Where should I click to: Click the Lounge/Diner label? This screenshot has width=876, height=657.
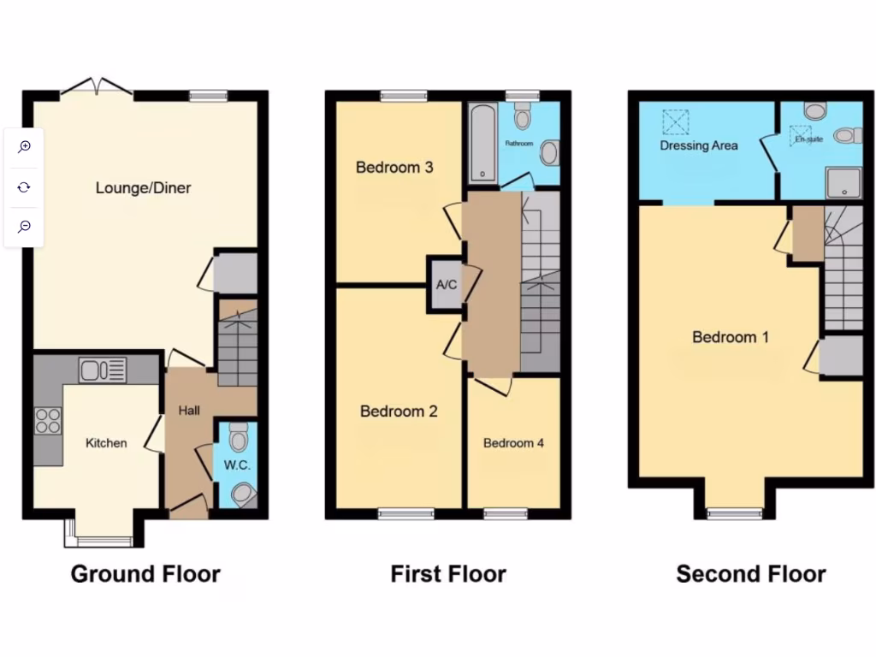pos(143,187)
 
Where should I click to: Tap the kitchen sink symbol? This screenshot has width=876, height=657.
pos(103,370)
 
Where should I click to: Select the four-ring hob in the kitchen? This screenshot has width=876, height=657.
pos(48,421)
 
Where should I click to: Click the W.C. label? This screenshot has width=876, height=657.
pos(236,465)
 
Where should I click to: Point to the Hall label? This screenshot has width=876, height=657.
pos(189,411)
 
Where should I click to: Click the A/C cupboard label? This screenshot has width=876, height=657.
pos(447,285)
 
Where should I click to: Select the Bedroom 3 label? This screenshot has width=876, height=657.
pos(394,167)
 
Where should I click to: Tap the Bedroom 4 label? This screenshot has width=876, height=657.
pos(513,443)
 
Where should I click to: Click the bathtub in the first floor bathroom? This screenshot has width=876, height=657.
pos(483,143)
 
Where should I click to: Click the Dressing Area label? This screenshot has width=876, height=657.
pos(699,145)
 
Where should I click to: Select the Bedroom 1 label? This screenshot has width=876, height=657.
pos(731,337)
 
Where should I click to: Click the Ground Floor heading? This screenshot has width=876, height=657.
pos(145,573)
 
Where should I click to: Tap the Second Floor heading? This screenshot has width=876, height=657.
pos(751,573)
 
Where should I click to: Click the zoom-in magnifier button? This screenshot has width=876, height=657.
pos(25,146)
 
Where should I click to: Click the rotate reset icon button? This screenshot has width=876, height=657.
pos(25,186)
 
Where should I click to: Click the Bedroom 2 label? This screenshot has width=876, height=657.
pos(399,411)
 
